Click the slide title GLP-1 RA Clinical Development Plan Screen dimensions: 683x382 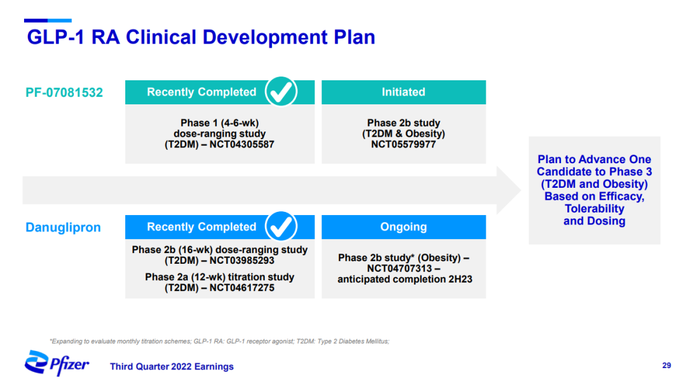(201, 37)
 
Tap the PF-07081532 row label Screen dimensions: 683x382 (64, 92)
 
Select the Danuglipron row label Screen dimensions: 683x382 (63, 228)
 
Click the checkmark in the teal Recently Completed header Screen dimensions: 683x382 (281, 92)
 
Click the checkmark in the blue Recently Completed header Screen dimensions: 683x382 (281, 226)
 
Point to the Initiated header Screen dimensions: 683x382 (403, 92)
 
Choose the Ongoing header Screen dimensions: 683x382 (403, 227)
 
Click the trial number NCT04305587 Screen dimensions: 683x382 (242, 145)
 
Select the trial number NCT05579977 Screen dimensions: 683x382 (403, 145)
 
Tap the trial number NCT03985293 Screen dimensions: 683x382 (242, 261)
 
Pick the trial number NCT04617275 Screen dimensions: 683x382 (242, 288)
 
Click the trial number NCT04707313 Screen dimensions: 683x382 (400, 268)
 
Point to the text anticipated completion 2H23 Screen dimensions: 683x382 (405, 279)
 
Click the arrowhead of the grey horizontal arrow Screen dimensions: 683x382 (508, 190)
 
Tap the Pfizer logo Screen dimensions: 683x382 (57, 363)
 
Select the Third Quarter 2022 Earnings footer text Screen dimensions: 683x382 (171, 367)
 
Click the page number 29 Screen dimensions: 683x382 (667, 366)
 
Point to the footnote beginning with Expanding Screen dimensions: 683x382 (219, 342)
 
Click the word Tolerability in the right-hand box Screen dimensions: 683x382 (594, 209)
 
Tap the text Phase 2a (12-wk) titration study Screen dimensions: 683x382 (219, 277)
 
